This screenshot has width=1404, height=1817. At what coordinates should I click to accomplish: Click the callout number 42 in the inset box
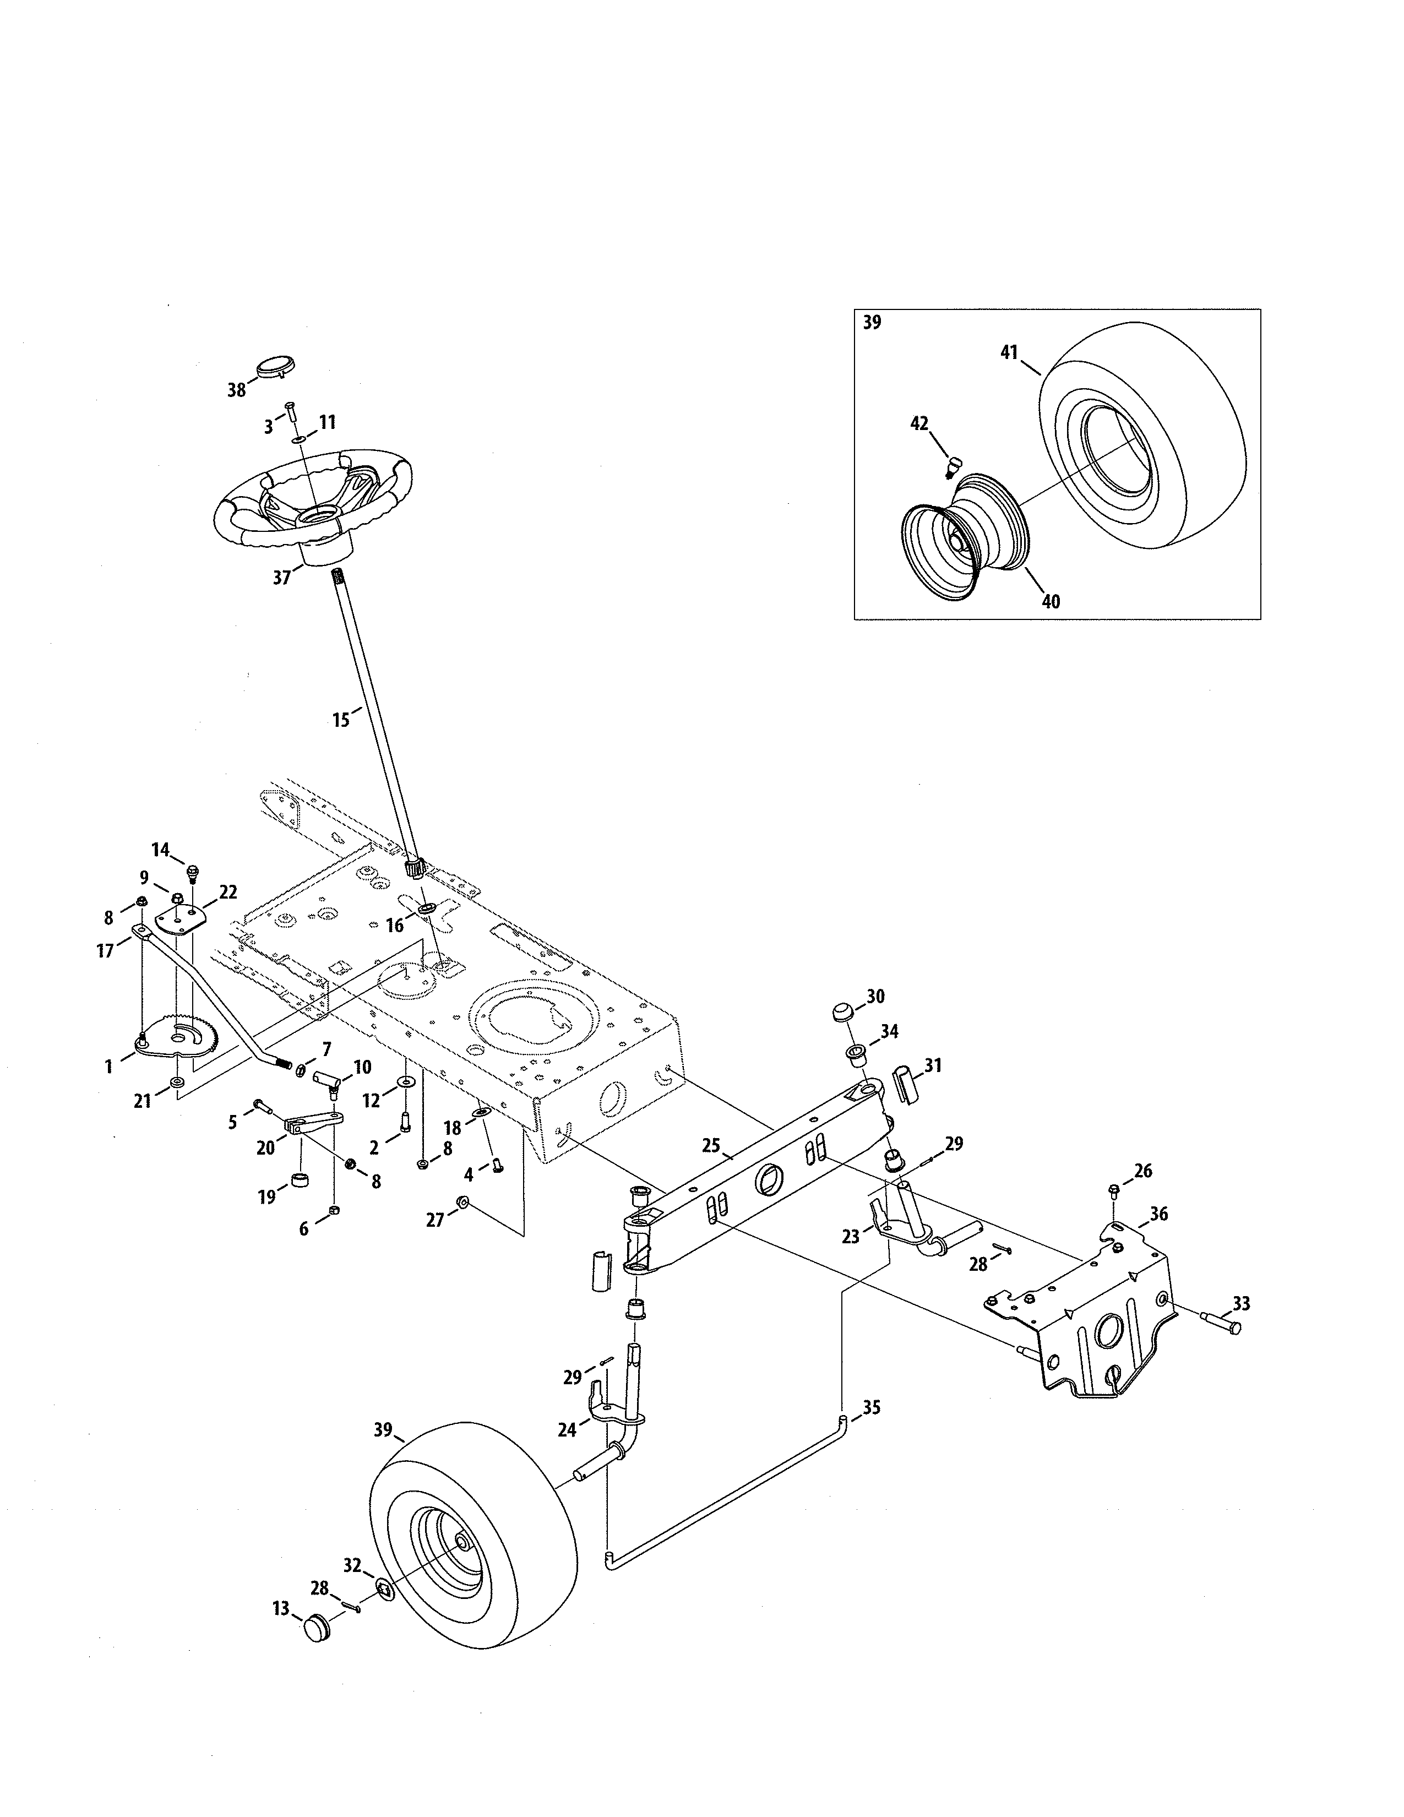(x=919, y=423)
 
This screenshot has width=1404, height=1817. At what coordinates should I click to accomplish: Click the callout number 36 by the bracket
(x=1158, y=1214)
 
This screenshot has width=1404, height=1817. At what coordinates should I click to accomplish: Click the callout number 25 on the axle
(x=710, y=1146)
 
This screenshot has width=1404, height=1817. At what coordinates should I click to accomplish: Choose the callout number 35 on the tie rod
(x=871, y=1408)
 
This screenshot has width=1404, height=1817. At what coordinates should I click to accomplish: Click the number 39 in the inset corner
(x=872, y=323)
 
